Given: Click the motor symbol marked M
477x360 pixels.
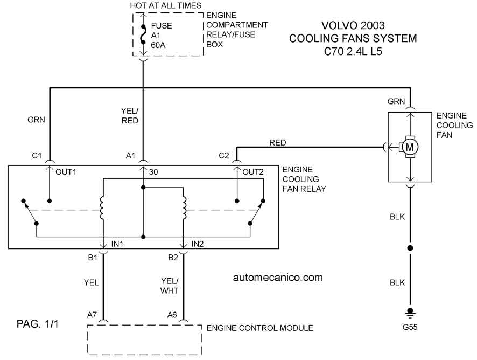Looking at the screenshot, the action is pyautogui.click(x=410, y=147).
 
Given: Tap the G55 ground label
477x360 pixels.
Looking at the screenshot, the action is pyautogui.click(x=410, y=327).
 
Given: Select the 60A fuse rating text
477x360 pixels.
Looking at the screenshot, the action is pyautogui.click(x=158, y=45).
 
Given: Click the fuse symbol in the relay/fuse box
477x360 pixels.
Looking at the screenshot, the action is pyautogui.click(x=143, y=34).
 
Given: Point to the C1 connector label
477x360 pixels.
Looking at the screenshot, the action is pyautogui.click(x=37, y=156).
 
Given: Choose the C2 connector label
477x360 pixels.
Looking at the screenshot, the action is pyautogui.click(x=223, y=156).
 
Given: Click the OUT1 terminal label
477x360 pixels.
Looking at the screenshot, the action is pyautogui.click(x=66, y=172).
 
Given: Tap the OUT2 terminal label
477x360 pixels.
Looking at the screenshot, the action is pyautogui.click(x=253, y=172).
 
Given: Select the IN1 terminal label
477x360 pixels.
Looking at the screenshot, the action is pyautogui.click(x=117, y=244).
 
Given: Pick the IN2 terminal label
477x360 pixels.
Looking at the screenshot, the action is pyautogui.click(x=197, y=244).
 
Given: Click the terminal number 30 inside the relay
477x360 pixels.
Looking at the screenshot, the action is pyautogui.click(x=153, y=172).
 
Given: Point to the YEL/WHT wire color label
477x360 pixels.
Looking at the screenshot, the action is pyautogui.click(x=170, y=286).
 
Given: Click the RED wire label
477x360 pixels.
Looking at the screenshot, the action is pyautogui.click(x=277, y=142).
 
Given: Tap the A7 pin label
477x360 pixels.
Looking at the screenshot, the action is pyautogui.click(x=92, y=315).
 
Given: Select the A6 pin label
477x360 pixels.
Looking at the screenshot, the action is pyautogui.click(x=172, y=315).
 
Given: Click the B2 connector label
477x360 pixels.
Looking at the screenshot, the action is pyautogui.click(x=173, y=258).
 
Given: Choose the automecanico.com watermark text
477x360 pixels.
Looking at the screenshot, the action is pyautogui.click(x=278, y=278).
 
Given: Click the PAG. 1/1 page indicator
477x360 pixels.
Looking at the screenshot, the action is pyautogui.click(x=37, y=324).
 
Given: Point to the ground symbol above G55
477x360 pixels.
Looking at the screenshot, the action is pyautogui.click(x=410, y=313).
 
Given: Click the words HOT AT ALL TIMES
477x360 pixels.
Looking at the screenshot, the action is pyautogui.click(x=165, y=5).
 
